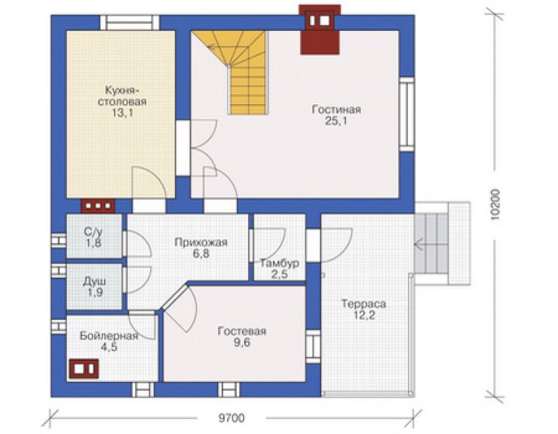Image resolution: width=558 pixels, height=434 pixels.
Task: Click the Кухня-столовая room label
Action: coord(121,96)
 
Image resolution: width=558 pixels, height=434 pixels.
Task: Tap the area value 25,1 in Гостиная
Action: coord(336,122)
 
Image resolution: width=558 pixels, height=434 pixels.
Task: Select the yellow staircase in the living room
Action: coord(238,72)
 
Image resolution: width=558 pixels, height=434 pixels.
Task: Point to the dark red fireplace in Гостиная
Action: coord(320,29)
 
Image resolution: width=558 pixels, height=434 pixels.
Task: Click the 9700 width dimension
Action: coord(231,417)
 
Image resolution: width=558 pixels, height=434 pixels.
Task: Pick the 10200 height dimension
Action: coord(495,205)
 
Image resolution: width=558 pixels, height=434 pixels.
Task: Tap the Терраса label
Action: coord(363,304)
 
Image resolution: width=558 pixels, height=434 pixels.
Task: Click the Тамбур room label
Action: coord(279,263)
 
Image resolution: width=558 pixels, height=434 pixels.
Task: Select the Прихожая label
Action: coord(201,242)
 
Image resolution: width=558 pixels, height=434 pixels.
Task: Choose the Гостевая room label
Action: coord(241,331)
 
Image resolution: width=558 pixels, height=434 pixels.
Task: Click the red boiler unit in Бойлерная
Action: coord(84,369)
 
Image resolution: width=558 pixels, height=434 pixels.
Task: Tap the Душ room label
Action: coord(94,282)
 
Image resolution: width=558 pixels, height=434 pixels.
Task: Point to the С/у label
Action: coord(94,232)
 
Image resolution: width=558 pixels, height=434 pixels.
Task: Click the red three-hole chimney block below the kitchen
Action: coord(98,206)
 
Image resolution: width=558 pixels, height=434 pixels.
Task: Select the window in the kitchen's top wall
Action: coord(130,23)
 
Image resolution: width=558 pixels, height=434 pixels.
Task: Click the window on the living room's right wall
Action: coord(406,114)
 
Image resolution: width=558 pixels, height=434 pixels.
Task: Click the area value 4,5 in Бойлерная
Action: coord(109,347)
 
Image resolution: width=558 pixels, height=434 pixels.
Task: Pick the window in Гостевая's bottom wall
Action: coord(228,389)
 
